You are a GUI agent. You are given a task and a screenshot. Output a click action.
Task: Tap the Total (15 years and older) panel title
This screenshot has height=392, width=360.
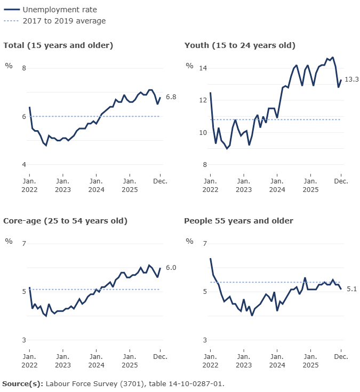coord(58,45)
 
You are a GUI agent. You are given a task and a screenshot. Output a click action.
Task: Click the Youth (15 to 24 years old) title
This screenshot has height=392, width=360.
coord(239,45)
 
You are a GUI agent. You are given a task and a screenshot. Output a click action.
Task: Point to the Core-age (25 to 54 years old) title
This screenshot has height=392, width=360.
coord(65,221)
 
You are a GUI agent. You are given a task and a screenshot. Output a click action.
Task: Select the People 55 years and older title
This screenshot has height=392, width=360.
coord(238,221)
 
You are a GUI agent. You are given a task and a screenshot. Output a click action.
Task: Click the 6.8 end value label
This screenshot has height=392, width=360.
coord(171,97)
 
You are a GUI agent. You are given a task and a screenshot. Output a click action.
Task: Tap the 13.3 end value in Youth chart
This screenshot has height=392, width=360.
coord(351,79)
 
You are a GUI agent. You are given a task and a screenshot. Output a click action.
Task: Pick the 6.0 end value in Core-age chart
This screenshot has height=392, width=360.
coord(171,268)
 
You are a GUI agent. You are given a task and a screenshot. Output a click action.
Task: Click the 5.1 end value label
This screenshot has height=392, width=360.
coord(351,289)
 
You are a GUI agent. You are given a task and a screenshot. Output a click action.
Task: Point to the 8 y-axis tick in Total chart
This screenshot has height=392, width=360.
coord(23,68)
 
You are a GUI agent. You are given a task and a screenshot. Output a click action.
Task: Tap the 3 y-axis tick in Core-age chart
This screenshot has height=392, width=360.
coord(23,340)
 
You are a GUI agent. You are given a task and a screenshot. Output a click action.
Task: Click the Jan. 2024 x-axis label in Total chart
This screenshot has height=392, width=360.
coord(96,185)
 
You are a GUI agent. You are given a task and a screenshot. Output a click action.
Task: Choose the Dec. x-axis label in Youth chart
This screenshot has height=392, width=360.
coord(341,181)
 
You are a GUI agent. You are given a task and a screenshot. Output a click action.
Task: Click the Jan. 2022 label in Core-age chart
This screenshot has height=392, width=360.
coord(29,361)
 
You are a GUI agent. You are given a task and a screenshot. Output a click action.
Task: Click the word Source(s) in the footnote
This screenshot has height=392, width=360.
coord(22,383)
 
